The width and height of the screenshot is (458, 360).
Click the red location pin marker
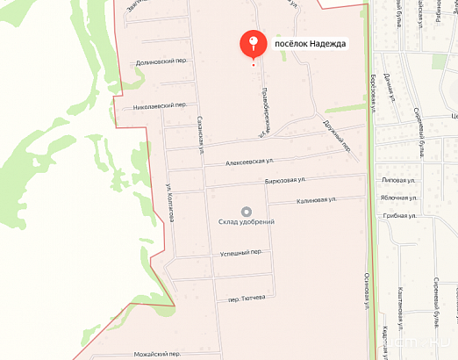tap(254, 43)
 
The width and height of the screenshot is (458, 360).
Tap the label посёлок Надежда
tap(311, 43)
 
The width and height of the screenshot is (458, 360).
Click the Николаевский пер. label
tap(160, 105)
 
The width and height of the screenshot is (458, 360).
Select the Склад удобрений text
tap(247, 222)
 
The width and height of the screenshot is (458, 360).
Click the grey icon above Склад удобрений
tap(247, 211)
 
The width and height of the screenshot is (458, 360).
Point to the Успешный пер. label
tap(241, 252)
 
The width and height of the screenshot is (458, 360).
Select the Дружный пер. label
tap(337, 135)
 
